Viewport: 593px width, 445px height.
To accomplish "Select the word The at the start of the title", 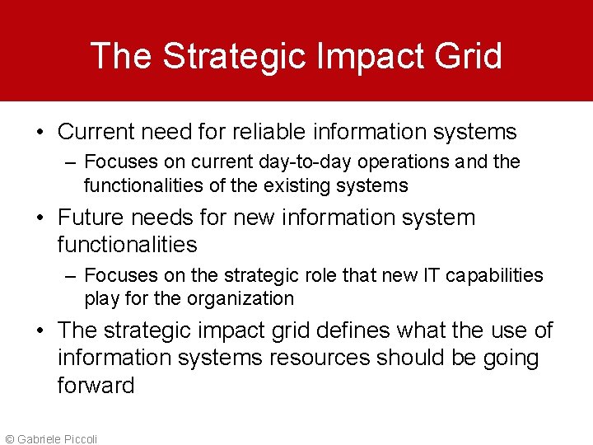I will [x=122, y=56].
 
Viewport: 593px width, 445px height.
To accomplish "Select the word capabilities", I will [x=495, y=274].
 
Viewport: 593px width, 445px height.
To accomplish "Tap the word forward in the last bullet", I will [x=96, y=386].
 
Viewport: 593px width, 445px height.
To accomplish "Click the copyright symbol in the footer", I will [x=9, y=439].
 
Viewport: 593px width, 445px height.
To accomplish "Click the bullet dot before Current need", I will [x=40, y=132].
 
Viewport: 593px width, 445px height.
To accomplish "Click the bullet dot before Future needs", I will [x=40, y=218].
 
